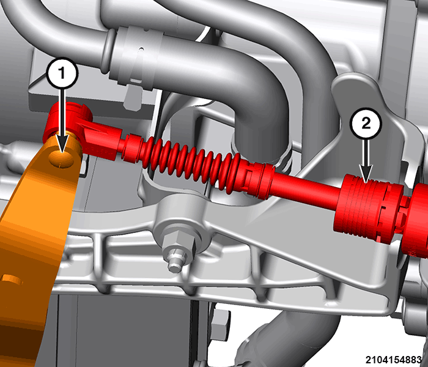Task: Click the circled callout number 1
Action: [x=62, y=73]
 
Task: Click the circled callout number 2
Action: [x=366, y=124]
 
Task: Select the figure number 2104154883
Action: [x=393, y=360]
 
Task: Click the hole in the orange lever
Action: [x=61, y=159]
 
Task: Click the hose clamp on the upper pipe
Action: [x=139, y=58]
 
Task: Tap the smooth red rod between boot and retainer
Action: [x=306, y=188]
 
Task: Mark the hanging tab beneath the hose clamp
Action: [x=133, y=97]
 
